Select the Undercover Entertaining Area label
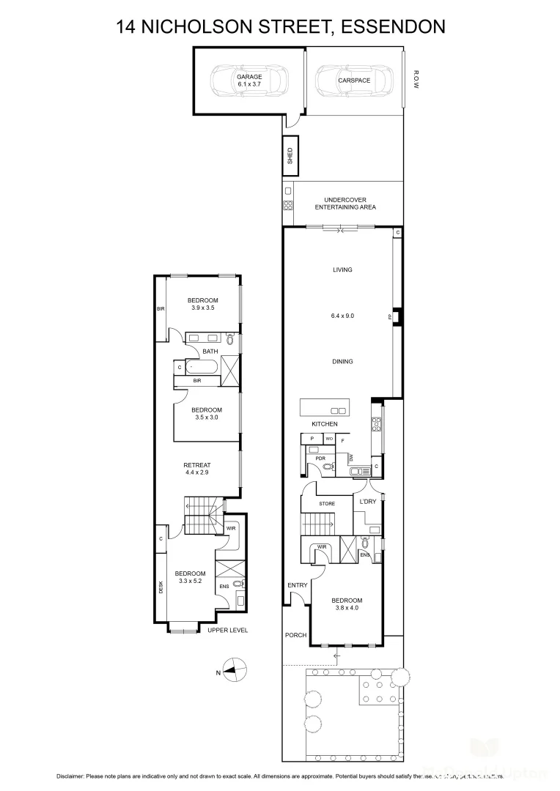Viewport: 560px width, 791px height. click(x=345, y=204)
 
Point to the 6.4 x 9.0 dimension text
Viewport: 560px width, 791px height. click(x=342, y=316)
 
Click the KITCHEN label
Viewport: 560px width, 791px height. click(x=325, y=424)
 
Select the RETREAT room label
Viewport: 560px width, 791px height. click(x=197, y=465)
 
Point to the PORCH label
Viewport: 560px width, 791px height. click(x=296, y=635)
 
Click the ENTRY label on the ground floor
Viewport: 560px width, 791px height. click(x=298, y=584)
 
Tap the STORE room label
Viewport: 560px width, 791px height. click(x=327, y=504)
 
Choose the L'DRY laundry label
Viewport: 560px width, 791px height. click(x=366, y=502)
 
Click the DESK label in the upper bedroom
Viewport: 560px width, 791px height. click(x=161, y=587)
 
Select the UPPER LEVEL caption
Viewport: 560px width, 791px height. click(x=227, y=630)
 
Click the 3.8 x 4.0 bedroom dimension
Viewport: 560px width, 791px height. click(x=348, y=608)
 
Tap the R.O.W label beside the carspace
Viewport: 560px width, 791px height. click(x=416, y=79)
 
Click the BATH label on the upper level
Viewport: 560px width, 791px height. click(x=210, y=352)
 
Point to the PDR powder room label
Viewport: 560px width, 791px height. click(x=320, y=458)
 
